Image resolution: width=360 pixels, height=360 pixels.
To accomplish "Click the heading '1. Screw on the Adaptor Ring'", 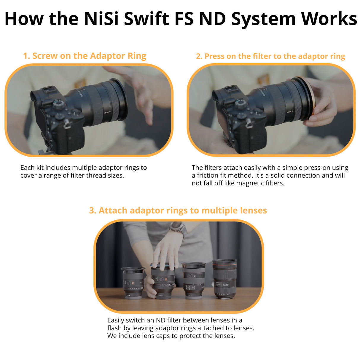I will coord(85,56).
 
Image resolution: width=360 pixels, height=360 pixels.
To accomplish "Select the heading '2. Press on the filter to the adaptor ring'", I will coord(270,56).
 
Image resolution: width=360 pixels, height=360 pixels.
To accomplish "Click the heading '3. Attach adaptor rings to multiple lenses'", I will coord(178,210).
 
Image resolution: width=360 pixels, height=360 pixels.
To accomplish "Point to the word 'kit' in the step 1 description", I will coord(40,168).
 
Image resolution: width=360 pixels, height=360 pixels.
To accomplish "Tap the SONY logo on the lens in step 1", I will coord(107,112).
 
